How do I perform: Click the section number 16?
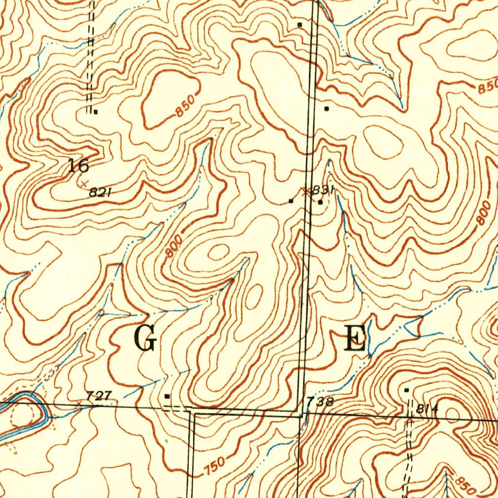[x=78, y=166]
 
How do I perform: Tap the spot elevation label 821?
[x=101, y=193]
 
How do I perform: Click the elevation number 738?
[x=320, y=402]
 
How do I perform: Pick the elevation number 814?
[x=427, y=409]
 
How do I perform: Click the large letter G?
[x=145, y=339]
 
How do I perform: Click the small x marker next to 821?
[x=85, y=184]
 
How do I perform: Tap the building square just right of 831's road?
[x=320, y=202]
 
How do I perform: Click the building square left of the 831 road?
[x=291, y=200]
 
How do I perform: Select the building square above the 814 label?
[x=407, y=390]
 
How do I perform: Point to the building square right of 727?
[x=167, y=396]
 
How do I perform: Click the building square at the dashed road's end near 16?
[x=96, y=111]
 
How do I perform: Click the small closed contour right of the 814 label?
[x=453, y=413]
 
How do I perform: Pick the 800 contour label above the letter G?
[x=173, y=247]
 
